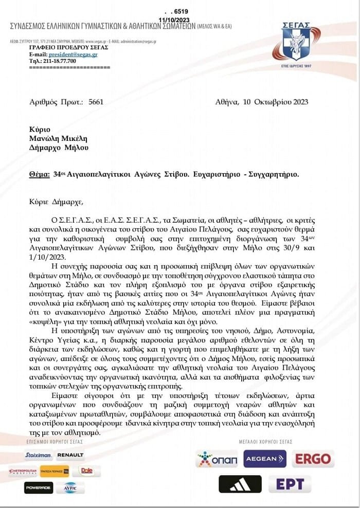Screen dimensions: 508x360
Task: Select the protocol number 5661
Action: click(96, 102)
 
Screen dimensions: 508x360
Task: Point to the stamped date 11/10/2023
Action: click(174, 19)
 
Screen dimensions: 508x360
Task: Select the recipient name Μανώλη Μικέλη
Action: click(58, 138)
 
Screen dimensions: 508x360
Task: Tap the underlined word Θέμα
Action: click(40, 174)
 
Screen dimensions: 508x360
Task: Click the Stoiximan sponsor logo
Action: click(38, 455)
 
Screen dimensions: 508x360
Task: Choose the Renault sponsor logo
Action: click(70, 455)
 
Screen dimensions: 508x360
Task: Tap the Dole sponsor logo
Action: click(86, 470)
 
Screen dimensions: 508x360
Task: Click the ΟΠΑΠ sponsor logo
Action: click(216, 459)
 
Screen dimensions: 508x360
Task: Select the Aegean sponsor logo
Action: click(264, 459)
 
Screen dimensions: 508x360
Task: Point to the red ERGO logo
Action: click(313, 459)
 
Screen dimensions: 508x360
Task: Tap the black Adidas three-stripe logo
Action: click(240, 484)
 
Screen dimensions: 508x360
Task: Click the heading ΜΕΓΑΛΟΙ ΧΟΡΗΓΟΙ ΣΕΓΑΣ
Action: click(265, 442)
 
